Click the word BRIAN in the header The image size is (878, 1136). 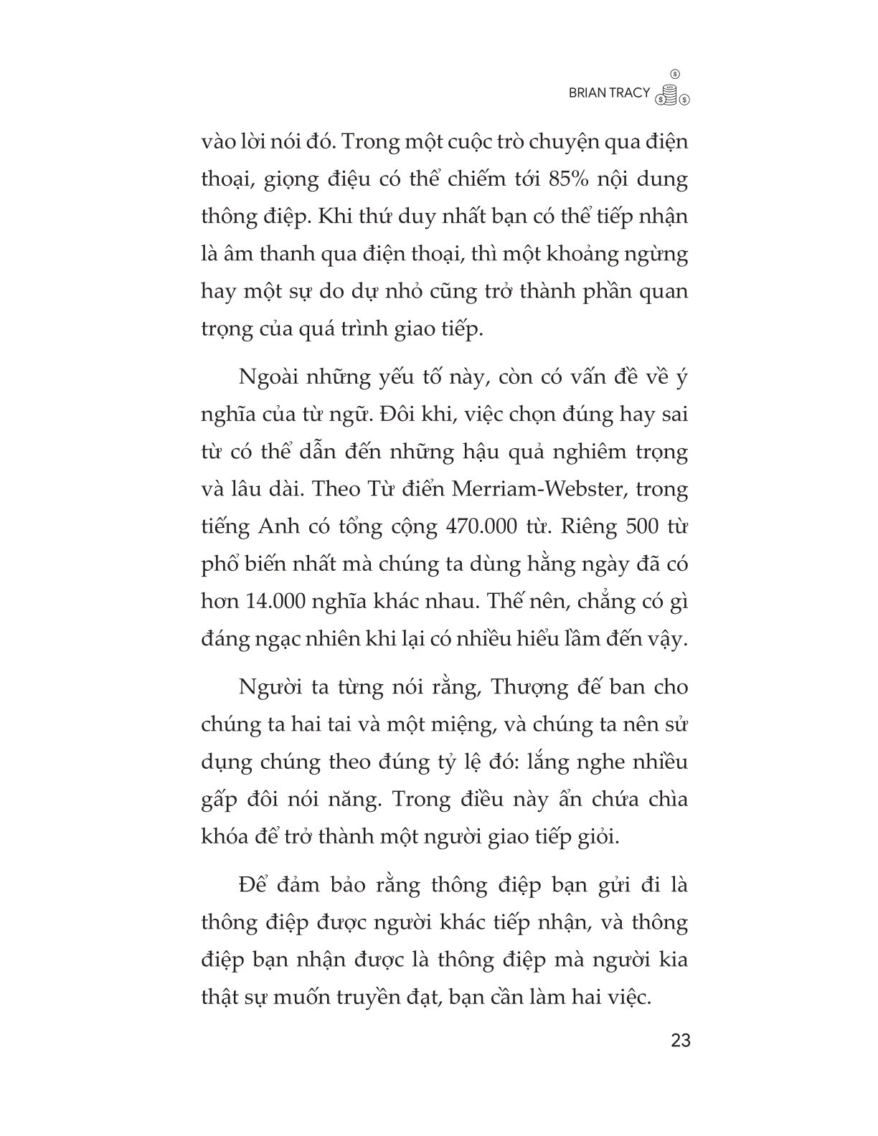(587, 93)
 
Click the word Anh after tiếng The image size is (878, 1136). (273, 527)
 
